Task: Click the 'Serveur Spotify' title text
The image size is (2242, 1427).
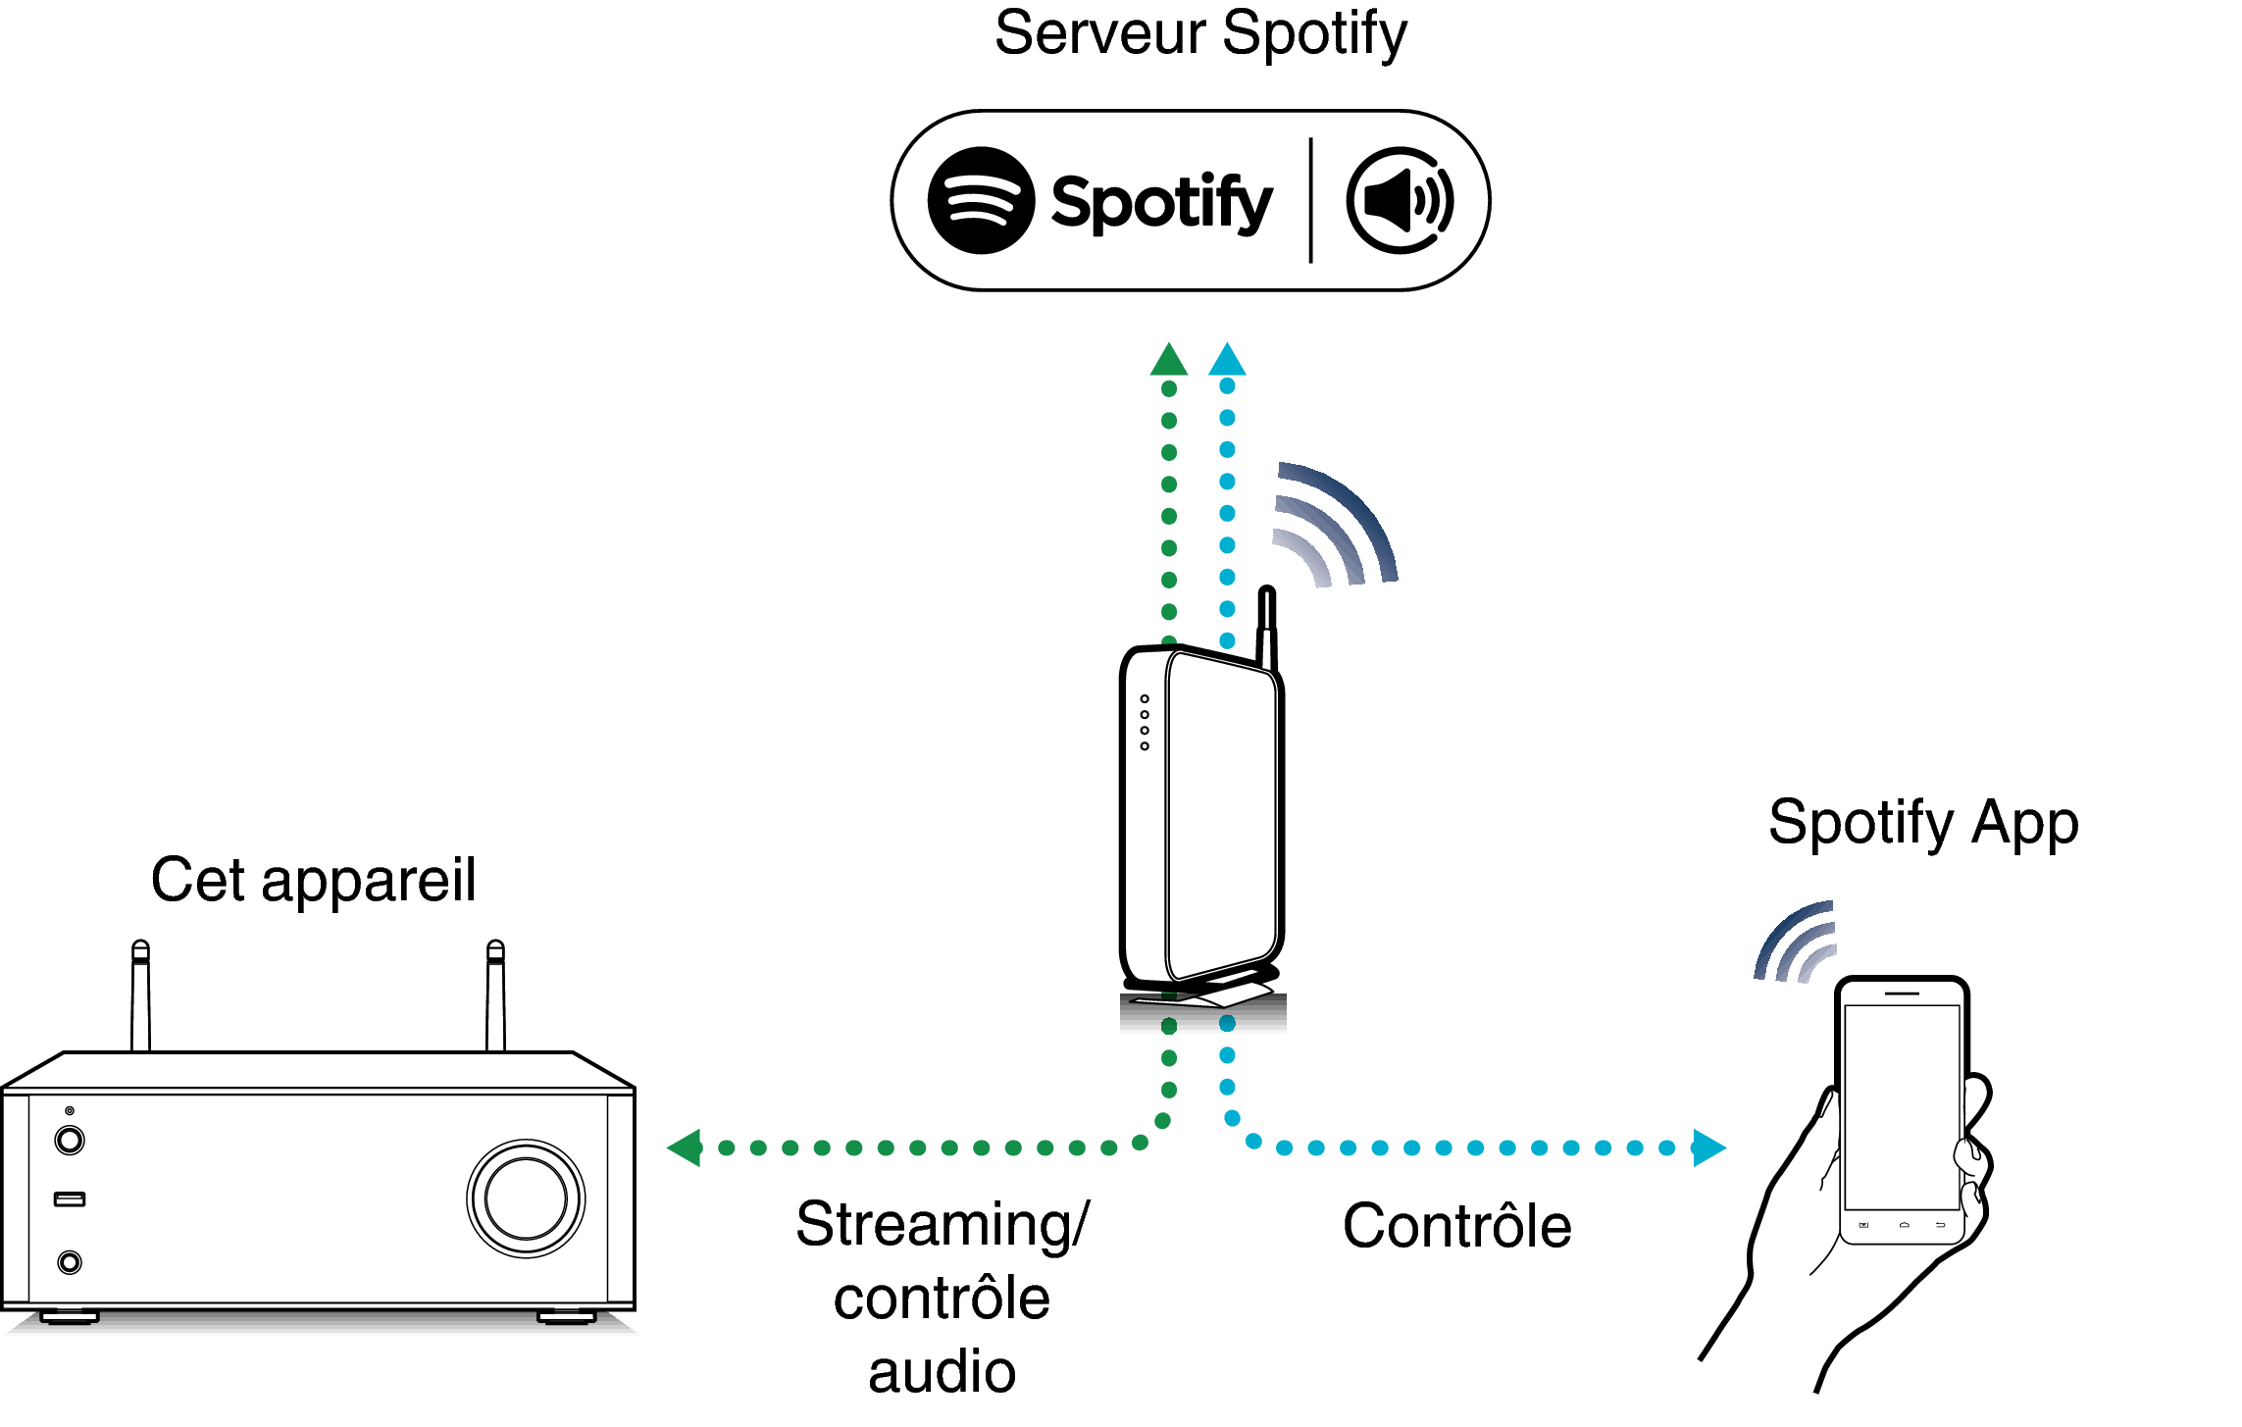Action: point(1200,35)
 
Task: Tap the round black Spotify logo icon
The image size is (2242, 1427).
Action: point(981,201)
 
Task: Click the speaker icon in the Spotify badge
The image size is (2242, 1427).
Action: point(1400,201)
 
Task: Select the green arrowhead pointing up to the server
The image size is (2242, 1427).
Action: point(1168,360)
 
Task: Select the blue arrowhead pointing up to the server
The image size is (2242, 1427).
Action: point(1227,360)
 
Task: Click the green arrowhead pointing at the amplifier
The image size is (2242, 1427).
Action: point(686,1147)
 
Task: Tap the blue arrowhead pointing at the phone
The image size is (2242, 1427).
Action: point(1707,1147)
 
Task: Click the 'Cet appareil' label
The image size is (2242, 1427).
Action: point(313,880)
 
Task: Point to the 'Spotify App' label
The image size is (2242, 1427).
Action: point(1923,823)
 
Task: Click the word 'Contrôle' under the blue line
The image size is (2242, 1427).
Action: point(1456,1226)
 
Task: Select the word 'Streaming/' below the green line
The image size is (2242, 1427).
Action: point(942,1224)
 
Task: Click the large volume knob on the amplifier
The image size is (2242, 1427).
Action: point(526,1198)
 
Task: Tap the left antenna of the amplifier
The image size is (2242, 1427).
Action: point(140,995)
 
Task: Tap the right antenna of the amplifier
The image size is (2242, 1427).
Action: point(495,995)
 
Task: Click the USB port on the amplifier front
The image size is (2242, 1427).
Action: point(70,1198)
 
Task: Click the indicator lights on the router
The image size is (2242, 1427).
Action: point(1145,723)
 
